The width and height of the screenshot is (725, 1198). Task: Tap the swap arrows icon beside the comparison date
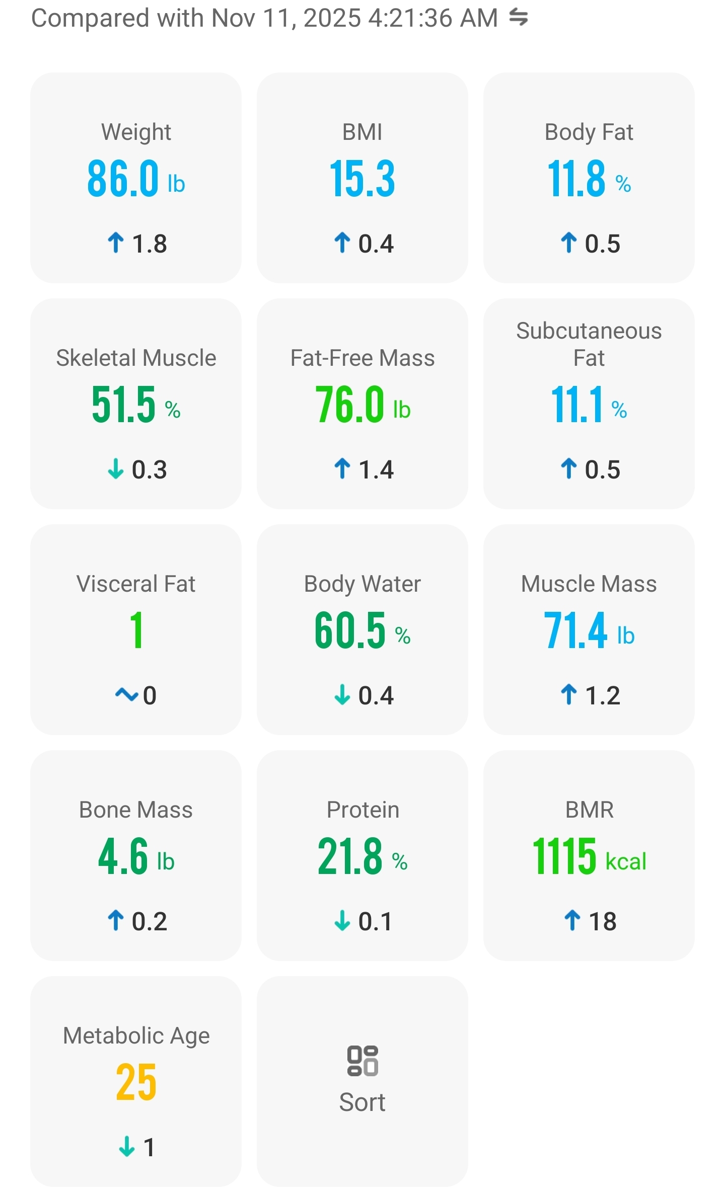[x=518, y=18]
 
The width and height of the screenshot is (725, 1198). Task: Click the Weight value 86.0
[x=123, y=179]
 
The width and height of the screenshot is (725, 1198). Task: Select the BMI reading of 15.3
[x=362, y=179]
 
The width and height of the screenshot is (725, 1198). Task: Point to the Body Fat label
[x=589, y=132]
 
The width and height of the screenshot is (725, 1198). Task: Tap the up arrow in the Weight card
[x=116, y=243]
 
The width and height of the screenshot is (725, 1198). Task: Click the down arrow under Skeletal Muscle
[x=116, y=469]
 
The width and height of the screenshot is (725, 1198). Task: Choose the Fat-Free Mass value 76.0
[x=350, y=405]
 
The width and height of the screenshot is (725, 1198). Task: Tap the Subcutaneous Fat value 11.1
[x=577, y=405]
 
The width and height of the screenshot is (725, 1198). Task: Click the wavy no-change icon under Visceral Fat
[x=126, y=695]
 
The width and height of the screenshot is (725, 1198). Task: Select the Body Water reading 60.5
[x=350, y=630]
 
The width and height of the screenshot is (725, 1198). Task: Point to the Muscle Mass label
[x=589, y=584]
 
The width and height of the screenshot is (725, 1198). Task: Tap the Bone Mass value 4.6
[x=123, y=856]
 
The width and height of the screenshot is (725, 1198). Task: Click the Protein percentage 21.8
[x=350, y=856]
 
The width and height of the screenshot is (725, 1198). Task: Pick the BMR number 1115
[x=564, y=856]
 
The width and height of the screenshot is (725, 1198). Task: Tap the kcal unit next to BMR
[x=626, y=861]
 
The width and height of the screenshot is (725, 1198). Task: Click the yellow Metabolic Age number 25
[x=136, y=1082]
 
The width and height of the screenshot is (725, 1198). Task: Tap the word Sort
[x=362, y=1102]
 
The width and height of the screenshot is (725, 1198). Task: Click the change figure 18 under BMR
[x=603, y=921]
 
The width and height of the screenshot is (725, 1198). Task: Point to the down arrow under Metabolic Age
[x=127, y=1147]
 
